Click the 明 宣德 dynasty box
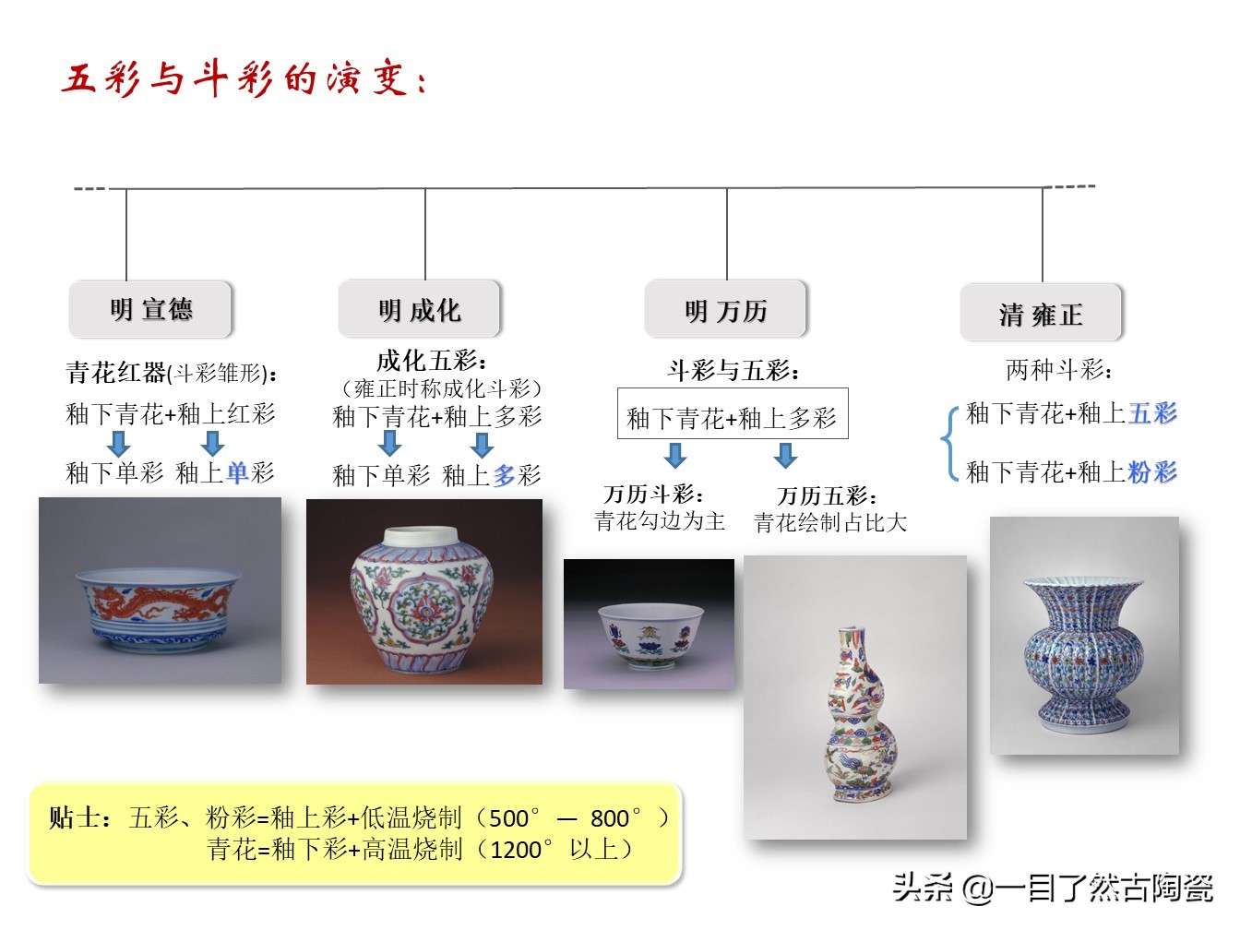coord(150,309)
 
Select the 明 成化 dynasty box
coord(419,310)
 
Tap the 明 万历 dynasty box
coord(725,311)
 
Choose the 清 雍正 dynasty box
coord(1041,315)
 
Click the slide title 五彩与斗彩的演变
coord(244,79)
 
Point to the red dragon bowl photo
coord(160,590)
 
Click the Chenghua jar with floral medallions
coord(423,591)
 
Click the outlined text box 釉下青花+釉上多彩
coord(732,418)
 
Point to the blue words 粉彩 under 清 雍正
coord(1152,472)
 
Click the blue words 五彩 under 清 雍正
coord(1152,413)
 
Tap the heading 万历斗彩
coord(654,495)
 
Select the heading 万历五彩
coord(827,496)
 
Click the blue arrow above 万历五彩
coord(785,455)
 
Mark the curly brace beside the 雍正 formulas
coord(948,443)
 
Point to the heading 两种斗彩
coord(1058,371)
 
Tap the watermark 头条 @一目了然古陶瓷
coord(1052,888)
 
